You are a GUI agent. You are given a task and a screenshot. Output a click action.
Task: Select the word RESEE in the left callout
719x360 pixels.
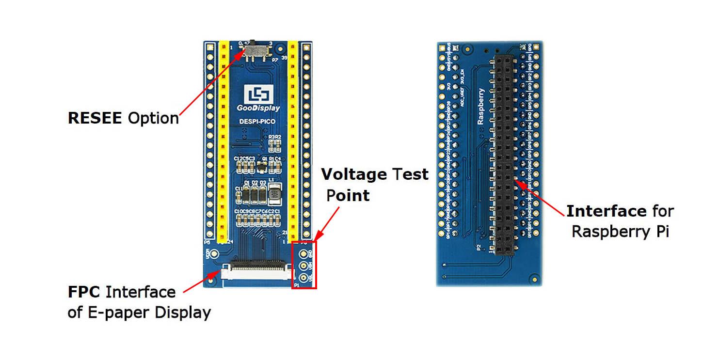(x=95, y=118)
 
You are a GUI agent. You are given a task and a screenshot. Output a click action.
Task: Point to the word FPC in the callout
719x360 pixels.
(x=84, y=292)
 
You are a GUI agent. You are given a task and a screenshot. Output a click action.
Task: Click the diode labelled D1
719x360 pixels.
(x=247, y=195)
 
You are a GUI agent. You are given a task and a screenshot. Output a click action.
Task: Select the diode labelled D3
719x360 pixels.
(x=263, y=195)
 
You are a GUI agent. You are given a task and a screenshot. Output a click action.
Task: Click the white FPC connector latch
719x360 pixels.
(x=257, y=274)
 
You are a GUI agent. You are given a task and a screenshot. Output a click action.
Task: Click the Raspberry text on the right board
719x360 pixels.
(x=481, y=106)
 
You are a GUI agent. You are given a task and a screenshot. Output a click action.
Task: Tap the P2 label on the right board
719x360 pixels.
(x=479, y=247)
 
